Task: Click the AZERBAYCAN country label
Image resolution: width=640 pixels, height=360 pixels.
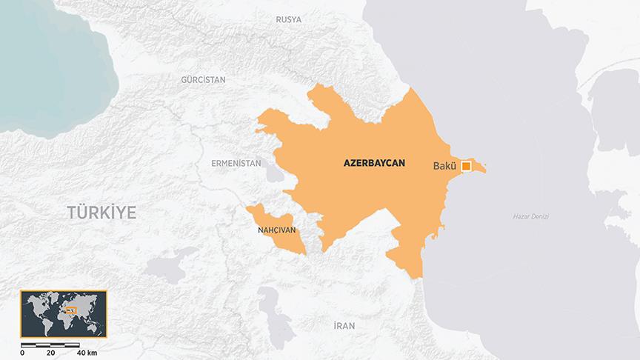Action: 374,163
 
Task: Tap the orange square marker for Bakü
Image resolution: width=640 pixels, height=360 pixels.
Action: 466,166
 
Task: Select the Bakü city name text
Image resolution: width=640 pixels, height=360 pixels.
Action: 444,166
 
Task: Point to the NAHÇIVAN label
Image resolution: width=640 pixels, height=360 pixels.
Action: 276,230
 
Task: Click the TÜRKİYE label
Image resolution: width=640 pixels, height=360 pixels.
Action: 102,213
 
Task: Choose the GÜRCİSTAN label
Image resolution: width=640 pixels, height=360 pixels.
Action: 204,79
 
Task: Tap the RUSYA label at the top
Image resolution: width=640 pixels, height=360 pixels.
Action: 288,20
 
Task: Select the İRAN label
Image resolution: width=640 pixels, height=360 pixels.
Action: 344,325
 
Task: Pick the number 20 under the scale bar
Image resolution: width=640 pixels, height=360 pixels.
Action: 50,353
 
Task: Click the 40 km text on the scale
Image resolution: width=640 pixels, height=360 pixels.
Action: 87,353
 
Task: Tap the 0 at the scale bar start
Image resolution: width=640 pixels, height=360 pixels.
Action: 22,353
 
